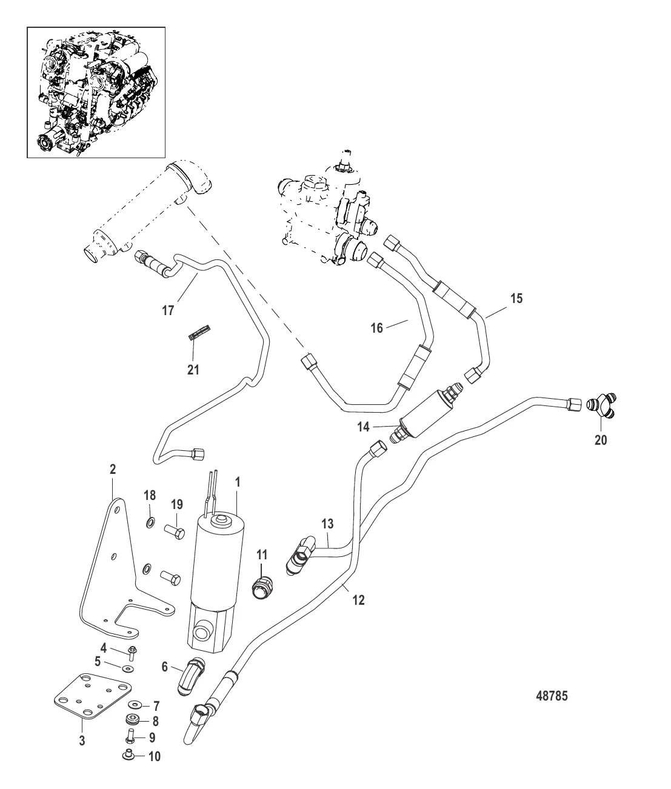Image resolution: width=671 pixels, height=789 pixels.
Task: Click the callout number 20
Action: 600,441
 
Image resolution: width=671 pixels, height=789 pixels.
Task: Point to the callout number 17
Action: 168,311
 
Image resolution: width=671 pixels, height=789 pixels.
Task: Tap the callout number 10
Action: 155,756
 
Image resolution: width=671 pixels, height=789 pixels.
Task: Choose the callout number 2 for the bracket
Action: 113,469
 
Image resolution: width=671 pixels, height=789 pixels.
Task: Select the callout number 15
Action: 516,299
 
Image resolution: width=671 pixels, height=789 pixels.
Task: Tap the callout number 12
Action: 359,601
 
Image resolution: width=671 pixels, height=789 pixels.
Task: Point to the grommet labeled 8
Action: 133,720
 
